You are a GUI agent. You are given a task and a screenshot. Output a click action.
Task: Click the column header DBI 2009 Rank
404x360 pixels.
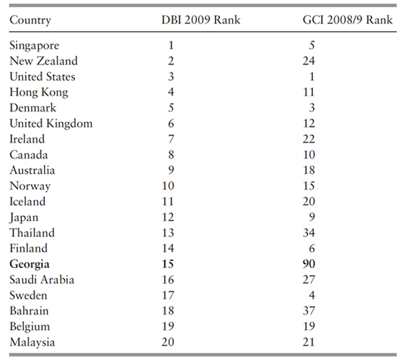tap(201, 20)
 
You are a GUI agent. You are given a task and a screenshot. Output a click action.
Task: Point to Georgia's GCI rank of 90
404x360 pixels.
tap(309, 264)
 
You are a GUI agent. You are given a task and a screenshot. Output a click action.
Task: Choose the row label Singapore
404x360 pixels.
tap(35, 45)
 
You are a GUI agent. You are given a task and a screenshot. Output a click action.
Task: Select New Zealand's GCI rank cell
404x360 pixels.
tap(309, 61)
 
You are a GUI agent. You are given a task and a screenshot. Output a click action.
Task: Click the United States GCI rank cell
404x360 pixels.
tap(311, 76)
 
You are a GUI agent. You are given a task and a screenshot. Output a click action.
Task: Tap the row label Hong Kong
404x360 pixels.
tap(39, 92)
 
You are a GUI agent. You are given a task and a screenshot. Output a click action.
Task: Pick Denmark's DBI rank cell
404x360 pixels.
tap(171, 108)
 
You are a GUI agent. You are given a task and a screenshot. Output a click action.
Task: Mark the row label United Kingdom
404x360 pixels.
tap(51, 123)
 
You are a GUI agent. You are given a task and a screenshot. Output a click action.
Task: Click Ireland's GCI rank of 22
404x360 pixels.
tap(309, 139)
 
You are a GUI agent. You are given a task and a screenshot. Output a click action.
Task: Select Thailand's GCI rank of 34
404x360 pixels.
tap(309, 233)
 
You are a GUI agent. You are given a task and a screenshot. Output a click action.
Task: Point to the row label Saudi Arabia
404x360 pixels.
tap(42, 280)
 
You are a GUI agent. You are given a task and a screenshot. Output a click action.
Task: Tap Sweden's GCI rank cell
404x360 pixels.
tap(311, 295)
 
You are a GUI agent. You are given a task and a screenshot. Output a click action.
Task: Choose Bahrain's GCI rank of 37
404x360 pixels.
tap(309, 311)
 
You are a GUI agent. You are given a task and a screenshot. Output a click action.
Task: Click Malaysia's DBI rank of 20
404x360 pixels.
tap(169, 342)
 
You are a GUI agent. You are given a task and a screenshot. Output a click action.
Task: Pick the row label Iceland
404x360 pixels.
tap(27, 202)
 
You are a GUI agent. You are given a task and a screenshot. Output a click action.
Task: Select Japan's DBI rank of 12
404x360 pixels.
tap(169, 217)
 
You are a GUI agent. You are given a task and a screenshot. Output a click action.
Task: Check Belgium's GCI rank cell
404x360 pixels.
tap(309, 327)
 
